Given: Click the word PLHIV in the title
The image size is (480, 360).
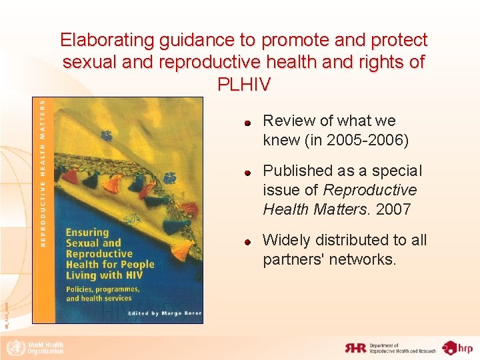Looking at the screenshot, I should click(244, 85).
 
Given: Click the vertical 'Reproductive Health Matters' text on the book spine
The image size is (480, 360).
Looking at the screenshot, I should click(43, 173).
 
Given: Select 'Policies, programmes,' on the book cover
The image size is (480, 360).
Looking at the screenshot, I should click(102, 289).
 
